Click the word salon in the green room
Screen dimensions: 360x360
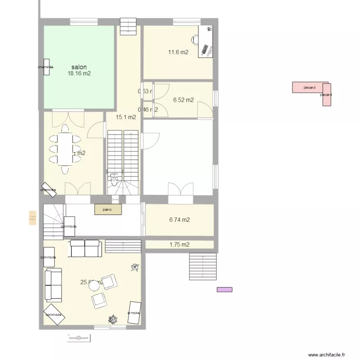79,67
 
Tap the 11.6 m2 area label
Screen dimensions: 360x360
178,52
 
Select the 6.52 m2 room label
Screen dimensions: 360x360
183,100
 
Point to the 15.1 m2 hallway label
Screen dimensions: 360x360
126,117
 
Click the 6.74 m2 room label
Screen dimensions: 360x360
179,220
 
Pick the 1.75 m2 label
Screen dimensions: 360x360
179,245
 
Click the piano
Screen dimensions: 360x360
108,209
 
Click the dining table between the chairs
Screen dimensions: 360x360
64,149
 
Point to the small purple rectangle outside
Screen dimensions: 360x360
225,289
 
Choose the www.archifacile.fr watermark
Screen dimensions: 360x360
326,355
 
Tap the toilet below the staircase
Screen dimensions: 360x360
114,181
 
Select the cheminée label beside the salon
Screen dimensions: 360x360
46,67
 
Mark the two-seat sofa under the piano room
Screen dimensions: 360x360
85,248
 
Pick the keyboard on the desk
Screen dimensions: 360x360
207,50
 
